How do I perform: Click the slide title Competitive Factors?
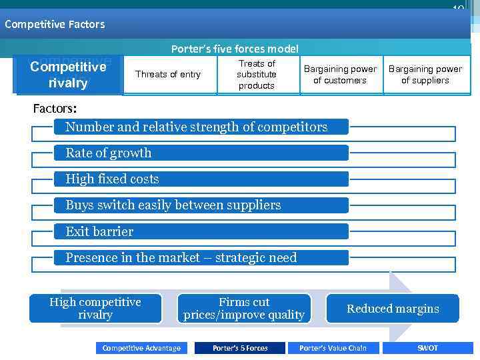(x=55, y=24)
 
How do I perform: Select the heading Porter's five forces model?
(x=235, y=49)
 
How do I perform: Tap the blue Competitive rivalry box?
(x=68, y=75)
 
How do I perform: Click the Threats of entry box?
(x=167, y=75)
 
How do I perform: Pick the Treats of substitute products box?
(x=257, y=75)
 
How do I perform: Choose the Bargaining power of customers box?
(x=340, y=75)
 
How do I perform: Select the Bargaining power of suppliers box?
(x=425, y=75)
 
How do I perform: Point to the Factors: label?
(x=55, y=108)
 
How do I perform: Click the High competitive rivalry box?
(x=95, y=309)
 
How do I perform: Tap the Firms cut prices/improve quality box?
(x=244, y=309)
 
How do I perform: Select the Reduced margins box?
(x=393, y=309)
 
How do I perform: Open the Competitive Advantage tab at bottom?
(x=141, y=348)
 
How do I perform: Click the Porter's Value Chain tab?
(x=333, y=348)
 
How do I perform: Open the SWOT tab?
(x=428, y=348)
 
